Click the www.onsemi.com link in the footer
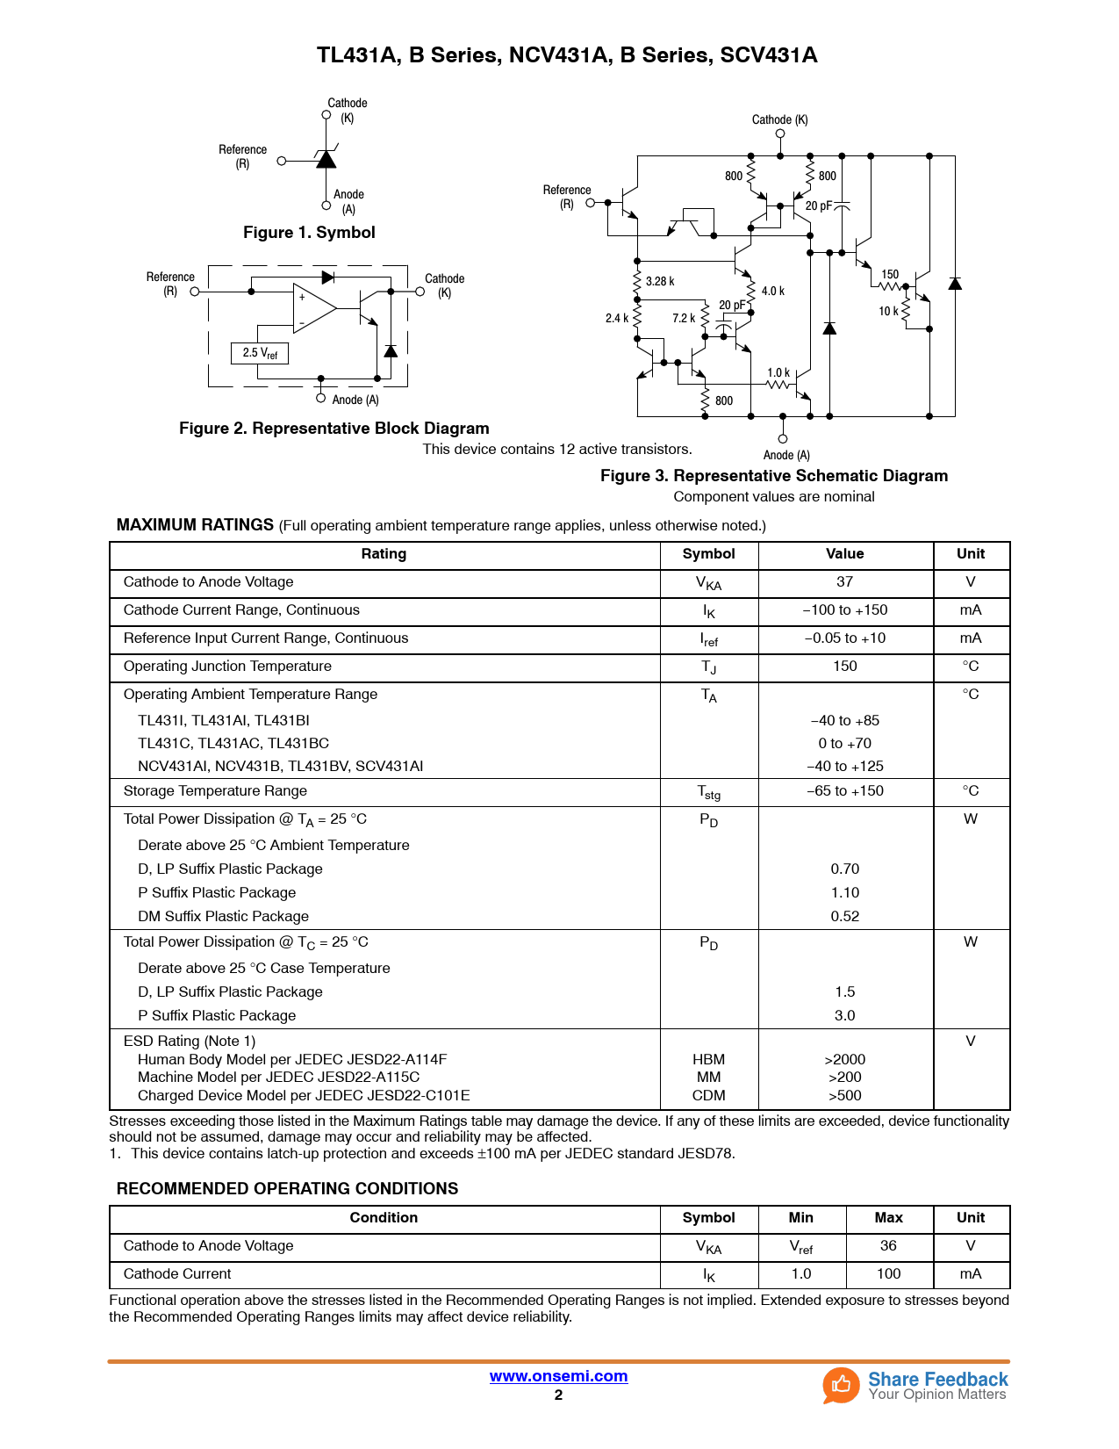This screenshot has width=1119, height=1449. (558, 1376)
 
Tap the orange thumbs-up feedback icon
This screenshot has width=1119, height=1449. (841, 1385)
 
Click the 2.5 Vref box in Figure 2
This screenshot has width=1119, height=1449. (260, 353)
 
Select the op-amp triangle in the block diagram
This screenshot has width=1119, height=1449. (312, 308)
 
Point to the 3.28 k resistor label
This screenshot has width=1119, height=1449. (660, 281)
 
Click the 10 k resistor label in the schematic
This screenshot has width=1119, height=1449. (888, 311)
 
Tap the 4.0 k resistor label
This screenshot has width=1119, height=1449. (773, 291)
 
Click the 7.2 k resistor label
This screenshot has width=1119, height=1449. (684, 318)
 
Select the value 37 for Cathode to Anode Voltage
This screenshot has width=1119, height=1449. (844, 582)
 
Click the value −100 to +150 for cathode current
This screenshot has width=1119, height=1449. (844, 610)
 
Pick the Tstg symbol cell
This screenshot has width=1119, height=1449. (708, 792)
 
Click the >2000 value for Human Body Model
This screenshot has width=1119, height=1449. (844, 1059)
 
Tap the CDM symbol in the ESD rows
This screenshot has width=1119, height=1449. (708, 1095)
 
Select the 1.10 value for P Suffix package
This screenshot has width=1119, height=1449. (844, 892)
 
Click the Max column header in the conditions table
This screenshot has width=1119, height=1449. (888, 1218)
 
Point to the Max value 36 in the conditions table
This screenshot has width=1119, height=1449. (888, 1246)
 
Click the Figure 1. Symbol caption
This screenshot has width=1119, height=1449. (309, 233)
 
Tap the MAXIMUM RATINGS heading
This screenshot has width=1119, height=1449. (195, 525)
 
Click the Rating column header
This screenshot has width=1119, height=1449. (384, 554)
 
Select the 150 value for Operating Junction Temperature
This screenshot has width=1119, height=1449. (844, 667)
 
